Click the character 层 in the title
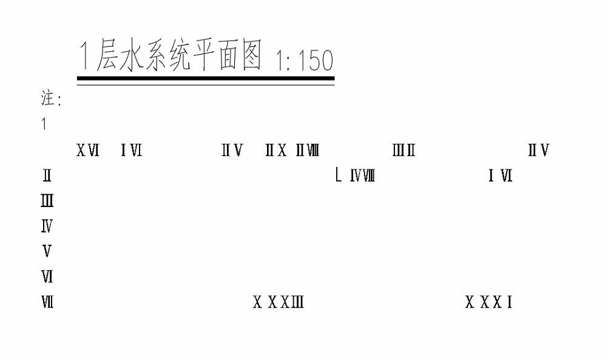click(109, 56)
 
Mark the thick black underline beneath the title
click(206, 78)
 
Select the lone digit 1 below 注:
click(44, 125)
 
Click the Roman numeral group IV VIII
click(362, 177)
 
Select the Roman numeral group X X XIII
click(279, 302)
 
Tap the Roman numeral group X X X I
click(489, 302)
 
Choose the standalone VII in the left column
click(47, 302)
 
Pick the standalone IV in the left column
click(47, 227)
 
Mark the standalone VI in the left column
click(47, 277)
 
